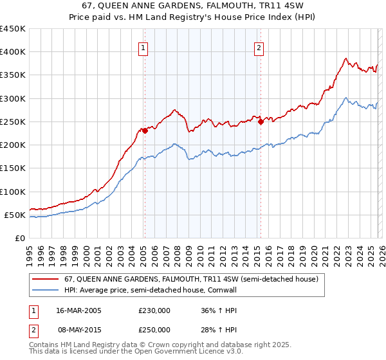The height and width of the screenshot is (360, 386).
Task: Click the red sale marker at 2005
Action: (x=145, y=130)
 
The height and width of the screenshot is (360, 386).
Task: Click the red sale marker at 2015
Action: (x=261, y=122)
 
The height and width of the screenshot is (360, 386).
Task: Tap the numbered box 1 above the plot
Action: (x=142, y=47)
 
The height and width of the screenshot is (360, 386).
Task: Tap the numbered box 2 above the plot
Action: (x=258, y=47)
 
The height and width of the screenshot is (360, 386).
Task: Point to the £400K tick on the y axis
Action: (x=13, y=52)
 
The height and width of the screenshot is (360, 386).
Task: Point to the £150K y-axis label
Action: (x=13, y=168)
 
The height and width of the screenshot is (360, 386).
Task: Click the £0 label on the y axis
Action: (x=19, y=239)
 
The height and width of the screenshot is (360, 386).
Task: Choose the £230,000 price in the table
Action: (x=154, y=310)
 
